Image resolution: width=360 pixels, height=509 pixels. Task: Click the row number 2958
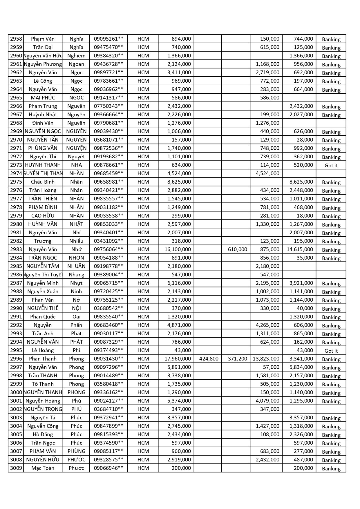16,39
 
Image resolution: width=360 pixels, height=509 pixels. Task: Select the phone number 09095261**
108,39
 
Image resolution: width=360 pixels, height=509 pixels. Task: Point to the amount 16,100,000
178,249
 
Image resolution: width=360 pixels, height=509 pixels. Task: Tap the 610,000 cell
237,249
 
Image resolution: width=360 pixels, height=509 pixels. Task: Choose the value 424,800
209,359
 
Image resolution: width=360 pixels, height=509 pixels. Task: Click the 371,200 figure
237,359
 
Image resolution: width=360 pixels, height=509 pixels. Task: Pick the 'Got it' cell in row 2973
331,166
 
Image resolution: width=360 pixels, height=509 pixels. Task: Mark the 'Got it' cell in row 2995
331,351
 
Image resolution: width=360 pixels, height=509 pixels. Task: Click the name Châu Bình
43,182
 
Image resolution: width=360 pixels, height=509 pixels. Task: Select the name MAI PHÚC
43,98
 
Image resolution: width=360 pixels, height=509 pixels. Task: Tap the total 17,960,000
178,359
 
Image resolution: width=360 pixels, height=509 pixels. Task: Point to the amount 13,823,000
266,359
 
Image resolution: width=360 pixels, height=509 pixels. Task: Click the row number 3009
16,468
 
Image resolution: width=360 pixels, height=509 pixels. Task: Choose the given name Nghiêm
76,56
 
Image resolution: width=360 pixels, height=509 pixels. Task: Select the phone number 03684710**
108,409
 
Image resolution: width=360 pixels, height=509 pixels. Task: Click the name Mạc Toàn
43,468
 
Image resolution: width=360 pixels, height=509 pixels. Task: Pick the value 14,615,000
300,249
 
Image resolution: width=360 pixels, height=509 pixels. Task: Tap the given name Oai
76,317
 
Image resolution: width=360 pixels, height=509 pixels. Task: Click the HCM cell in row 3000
143,392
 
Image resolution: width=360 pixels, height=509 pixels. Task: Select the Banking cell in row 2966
331,107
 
